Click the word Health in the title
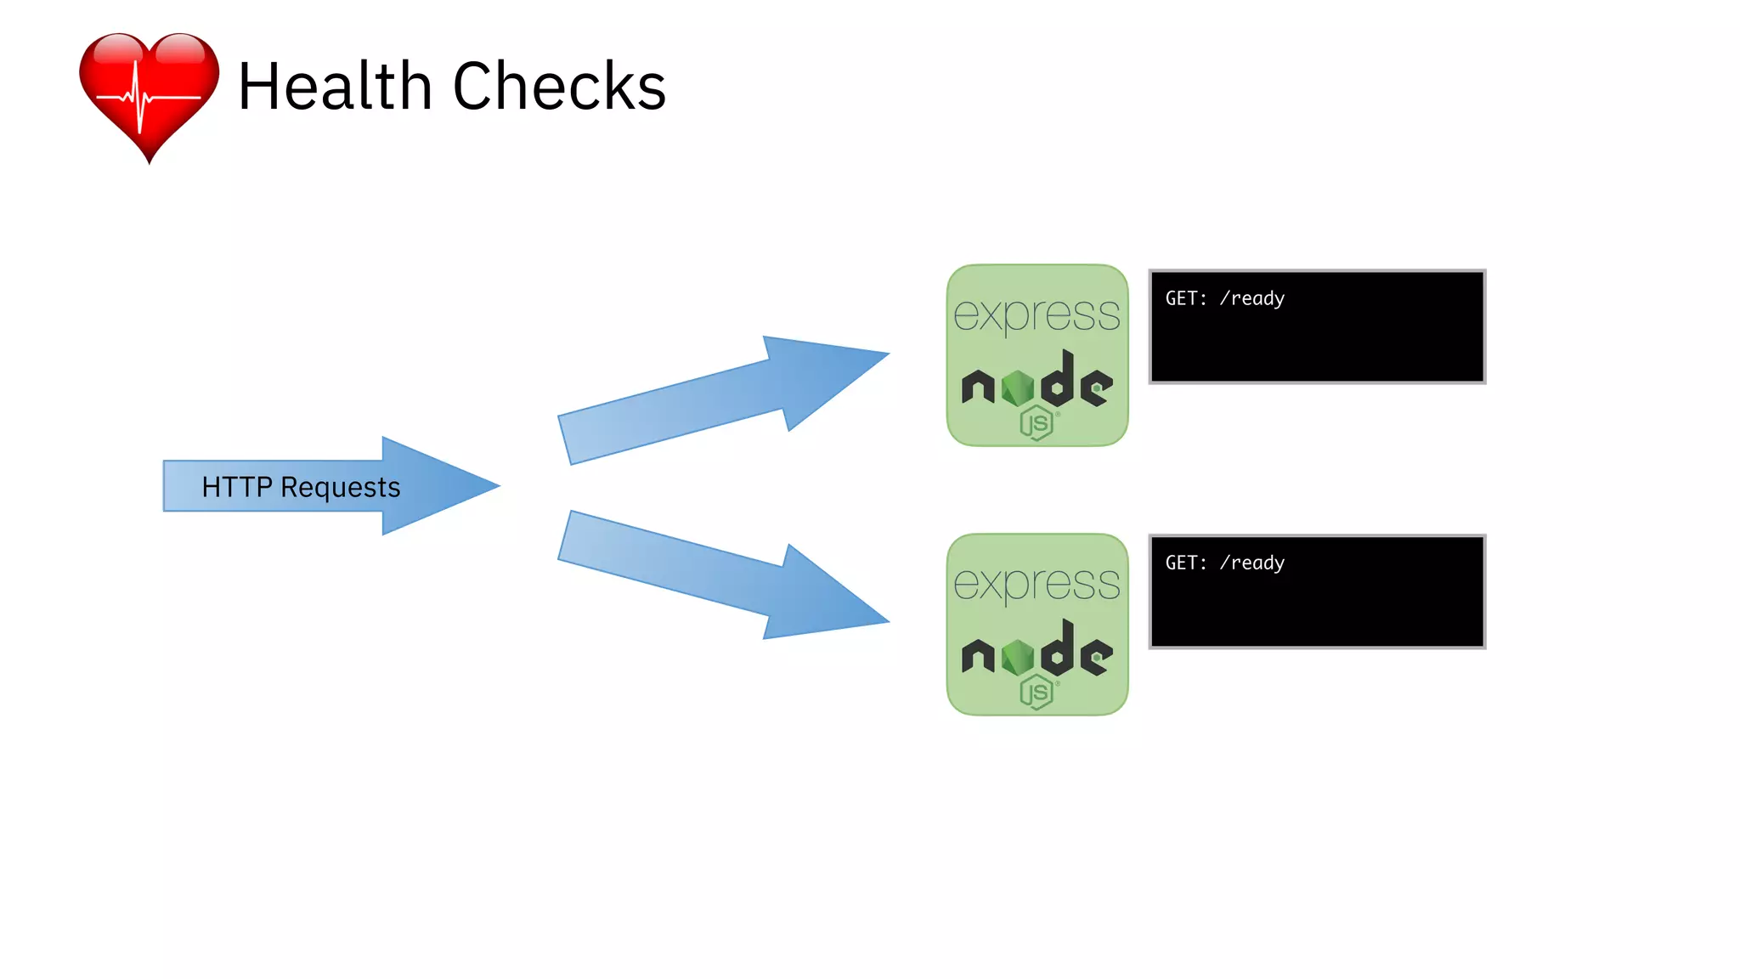335,87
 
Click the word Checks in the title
559,87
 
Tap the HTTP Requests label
301,487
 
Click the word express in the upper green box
1037,315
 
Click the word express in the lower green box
1037,585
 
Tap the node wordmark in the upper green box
1037,384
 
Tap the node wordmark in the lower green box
1037,654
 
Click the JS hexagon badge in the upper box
1037,422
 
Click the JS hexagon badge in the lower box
1037,692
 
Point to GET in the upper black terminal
1184,298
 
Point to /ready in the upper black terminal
1252,299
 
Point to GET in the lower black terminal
1184,563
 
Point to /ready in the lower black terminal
1252,563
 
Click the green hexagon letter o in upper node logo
1018,388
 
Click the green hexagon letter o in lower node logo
1018,657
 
